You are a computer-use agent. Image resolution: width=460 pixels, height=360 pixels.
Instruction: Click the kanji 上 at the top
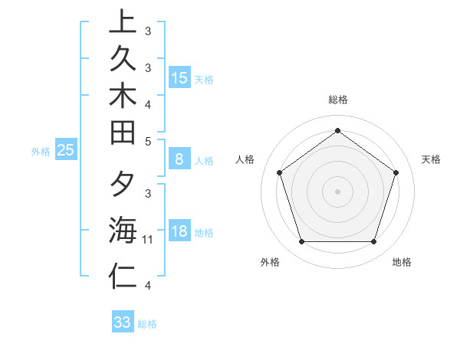pyautogui.click(x=123, y=22)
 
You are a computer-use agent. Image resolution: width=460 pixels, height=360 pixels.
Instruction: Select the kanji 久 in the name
pyautogui.click(x=123, y=61)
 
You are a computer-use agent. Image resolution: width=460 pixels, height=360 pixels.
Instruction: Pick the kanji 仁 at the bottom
pyautogui.click(x=123, y=277)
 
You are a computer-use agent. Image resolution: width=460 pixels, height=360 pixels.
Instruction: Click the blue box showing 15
pyautogui.click(x=179, y=77)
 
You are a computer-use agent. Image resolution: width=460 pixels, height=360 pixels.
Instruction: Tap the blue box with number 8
pyautogui.click(x=179, y=159)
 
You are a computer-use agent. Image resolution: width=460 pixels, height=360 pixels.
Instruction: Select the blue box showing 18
pyautogui.click(x=179, y=231)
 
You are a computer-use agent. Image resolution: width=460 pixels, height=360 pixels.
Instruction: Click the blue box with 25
pyautogui.click(x=66, y=151)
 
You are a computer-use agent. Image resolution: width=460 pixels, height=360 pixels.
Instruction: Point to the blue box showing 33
pyautogui.click(x=123, y=322)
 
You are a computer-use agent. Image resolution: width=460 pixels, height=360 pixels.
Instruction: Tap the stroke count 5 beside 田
pyautogui.click(x=148, y=141)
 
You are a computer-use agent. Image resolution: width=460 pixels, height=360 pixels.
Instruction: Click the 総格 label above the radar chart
pyautogui.click(x=338, y=100)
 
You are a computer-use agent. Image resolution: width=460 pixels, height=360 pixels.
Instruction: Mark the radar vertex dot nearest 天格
pyautogui.click(x=396, y=172)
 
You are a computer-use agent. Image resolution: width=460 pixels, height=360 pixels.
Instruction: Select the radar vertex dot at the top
pyautogui.click(x=338, y=130)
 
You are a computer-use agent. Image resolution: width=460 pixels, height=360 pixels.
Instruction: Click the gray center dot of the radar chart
pyautogui.click(x=338, y=191)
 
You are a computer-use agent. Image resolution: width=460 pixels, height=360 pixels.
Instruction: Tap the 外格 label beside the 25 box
pyautogui.click(x=41, y=152)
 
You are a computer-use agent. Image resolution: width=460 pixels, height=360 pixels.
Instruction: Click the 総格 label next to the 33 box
pyautogui.click(x=147, y=324)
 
